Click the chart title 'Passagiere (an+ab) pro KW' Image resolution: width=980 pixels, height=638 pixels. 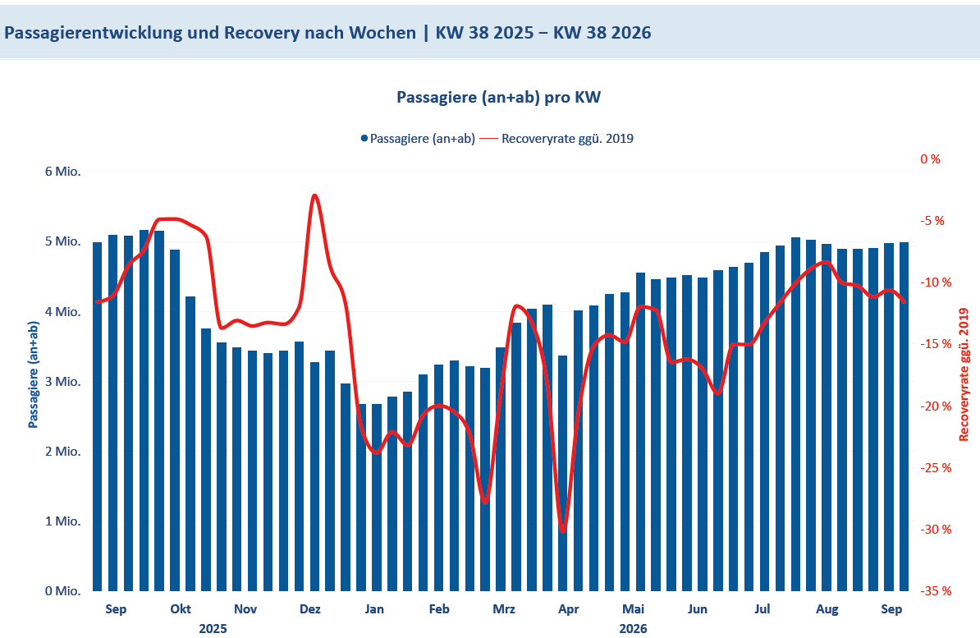click(x=498, y=98)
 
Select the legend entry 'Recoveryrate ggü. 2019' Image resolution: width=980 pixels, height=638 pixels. click(x=567, y=138)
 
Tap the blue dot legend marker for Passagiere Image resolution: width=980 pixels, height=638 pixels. click(x=364, y=138)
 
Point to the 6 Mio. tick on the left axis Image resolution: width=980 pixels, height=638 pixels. click(x=62, y=172)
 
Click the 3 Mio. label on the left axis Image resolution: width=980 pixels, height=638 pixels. click(x=62, y=382)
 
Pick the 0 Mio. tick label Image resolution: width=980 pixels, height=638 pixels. click(x=62, y=591)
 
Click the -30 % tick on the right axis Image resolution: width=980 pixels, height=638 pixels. click(x=936, y=529)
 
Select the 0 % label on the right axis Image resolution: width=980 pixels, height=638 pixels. click(x=930, y=159)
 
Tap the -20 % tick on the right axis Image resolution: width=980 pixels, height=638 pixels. click(x=936, y=406)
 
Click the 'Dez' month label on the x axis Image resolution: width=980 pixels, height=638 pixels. click(x=310, y=609)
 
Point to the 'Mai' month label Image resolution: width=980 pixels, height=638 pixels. click(x=633, y=609)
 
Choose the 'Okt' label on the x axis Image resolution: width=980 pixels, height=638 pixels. click(x=181, y=609)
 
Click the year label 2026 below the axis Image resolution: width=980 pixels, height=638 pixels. click(x=633, y=629)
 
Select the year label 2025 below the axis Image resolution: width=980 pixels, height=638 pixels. click(x=213, y=629)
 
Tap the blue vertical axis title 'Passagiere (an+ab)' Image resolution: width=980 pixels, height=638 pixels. click(x=34, y=374)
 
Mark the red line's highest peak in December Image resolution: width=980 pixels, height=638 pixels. click(x=314, y=195)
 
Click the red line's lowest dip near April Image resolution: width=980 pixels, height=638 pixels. click(x=562, y=530)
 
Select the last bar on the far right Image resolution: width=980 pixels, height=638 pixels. click(x=904, y=416)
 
